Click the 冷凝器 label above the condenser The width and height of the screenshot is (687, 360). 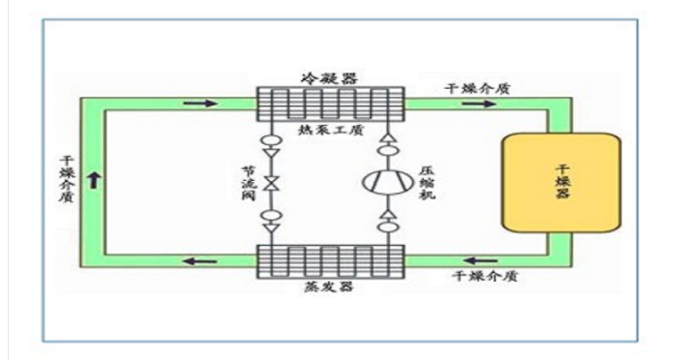tap(329, 78)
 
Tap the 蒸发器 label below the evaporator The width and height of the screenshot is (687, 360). tap(329, 286)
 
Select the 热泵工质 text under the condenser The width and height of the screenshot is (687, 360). tap(331, 130)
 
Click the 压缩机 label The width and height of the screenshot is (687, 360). tap(427, 183)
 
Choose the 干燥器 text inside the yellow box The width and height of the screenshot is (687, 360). tap(562, 181)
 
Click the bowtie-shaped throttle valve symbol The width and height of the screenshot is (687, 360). tap(272, 183)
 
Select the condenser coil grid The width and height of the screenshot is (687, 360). tap(330, 105)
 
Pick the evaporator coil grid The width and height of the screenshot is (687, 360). tap(330, 261)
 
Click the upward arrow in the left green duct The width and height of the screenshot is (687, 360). tap(94, 180)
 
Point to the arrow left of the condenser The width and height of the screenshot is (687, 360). tap(200, 104)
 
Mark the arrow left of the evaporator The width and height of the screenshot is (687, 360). tap(200, 261)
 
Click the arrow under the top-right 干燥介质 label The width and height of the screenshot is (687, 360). tap(479, 104)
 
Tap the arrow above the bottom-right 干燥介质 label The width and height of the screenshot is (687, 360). tap(481, 261)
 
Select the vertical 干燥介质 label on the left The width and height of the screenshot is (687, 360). tap(67, 179)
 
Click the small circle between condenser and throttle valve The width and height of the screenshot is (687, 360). tap(272, 141)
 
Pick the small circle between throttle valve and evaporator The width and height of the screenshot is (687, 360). tap(272, 216)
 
